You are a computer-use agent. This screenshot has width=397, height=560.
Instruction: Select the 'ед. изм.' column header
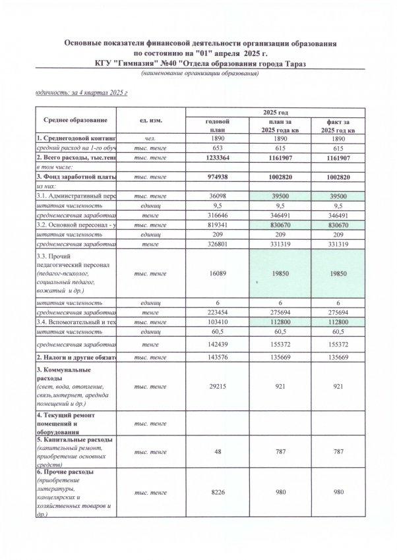click(x=152, y=122)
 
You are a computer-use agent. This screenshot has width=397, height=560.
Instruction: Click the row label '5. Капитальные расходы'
click(x=74, y=439)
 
